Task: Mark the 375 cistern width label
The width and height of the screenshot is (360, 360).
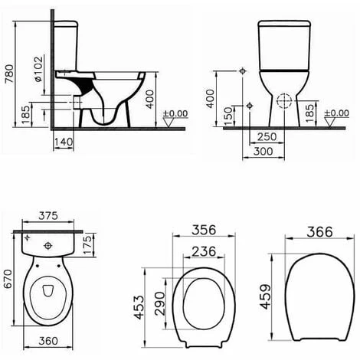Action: tap(50, 216)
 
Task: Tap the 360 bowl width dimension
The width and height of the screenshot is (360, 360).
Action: tap(50, 342)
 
